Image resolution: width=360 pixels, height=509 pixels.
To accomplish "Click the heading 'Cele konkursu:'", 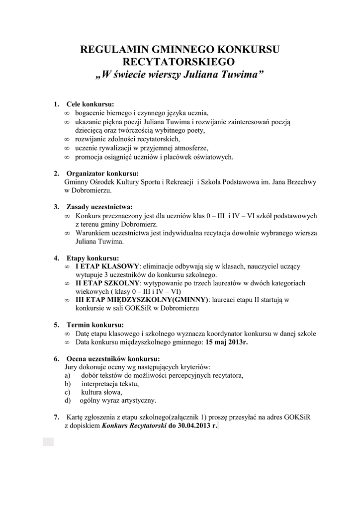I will click(90, 104).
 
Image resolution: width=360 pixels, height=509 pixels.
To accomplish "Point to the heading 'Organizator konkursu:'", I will click(102, 173).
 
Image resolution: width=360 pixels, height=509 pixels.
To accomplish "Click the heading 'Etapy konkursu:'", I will click(93, 258).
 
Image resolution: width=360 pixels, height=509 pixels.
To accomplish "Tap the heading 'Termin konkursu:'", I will click(95, 325).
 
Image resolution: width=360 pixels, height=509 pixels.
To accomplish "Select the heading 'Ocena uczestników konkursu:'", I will click(113, 358).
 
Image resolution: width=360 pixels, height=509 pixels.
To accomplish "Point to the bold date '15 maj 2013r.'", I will click(226, 342).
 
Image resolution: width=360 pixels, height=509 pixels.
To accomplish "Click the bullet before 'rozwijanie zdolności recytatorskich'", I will click(67, 139).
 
